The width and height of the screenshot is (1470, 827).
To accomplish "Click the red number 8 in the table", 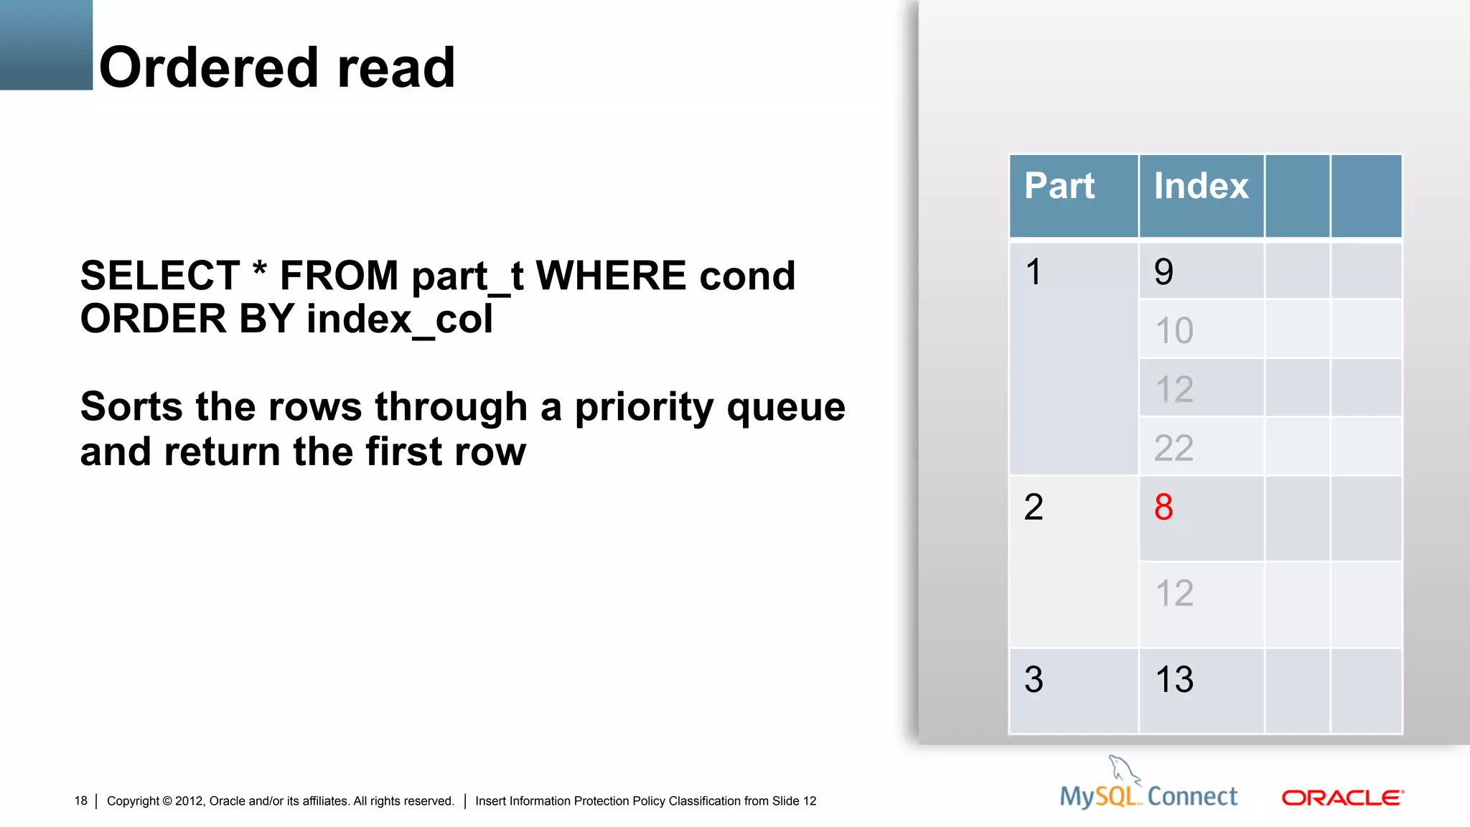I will [1164, 508].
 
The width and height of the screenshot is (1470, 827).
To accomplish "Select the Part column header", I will [1059, 187].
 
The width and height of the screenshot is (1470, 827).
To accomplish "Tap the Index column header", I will [1201, 187].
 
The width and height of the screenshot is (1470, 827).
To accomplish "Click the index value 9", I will [1164, 272].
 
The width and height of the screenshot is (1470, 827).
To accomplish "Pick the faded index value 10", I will [1174, 331].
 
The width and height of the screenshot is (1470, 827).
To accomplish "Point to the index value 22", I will [1174, 449].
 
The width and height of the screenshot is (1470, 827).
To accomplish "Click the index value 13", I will [1174, 679].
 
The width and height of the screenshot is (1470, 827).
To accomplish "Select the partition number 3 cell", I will [1034, 679].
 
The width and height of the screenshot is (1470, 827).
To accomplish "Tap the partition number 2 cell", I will [1034, 508].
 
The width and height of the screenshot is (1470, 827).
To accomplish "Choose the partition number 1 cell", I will [1034, 272].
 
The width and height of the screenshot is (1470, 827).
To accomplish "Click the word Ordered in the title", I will [208, 67].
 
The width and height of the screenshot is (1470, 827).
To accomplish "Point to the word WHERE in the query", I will [611, 276].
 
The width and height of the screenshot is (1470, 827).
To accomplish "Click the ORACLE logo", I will [1342, 798].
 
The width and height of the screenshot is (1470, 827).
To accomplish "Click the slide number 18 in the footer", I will [80, 800].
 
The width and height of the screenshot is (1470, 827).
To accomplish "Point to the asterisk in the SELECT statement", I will [260, 271].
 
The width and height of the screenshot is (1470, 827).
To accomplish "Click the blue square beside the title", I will [46, 45].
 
